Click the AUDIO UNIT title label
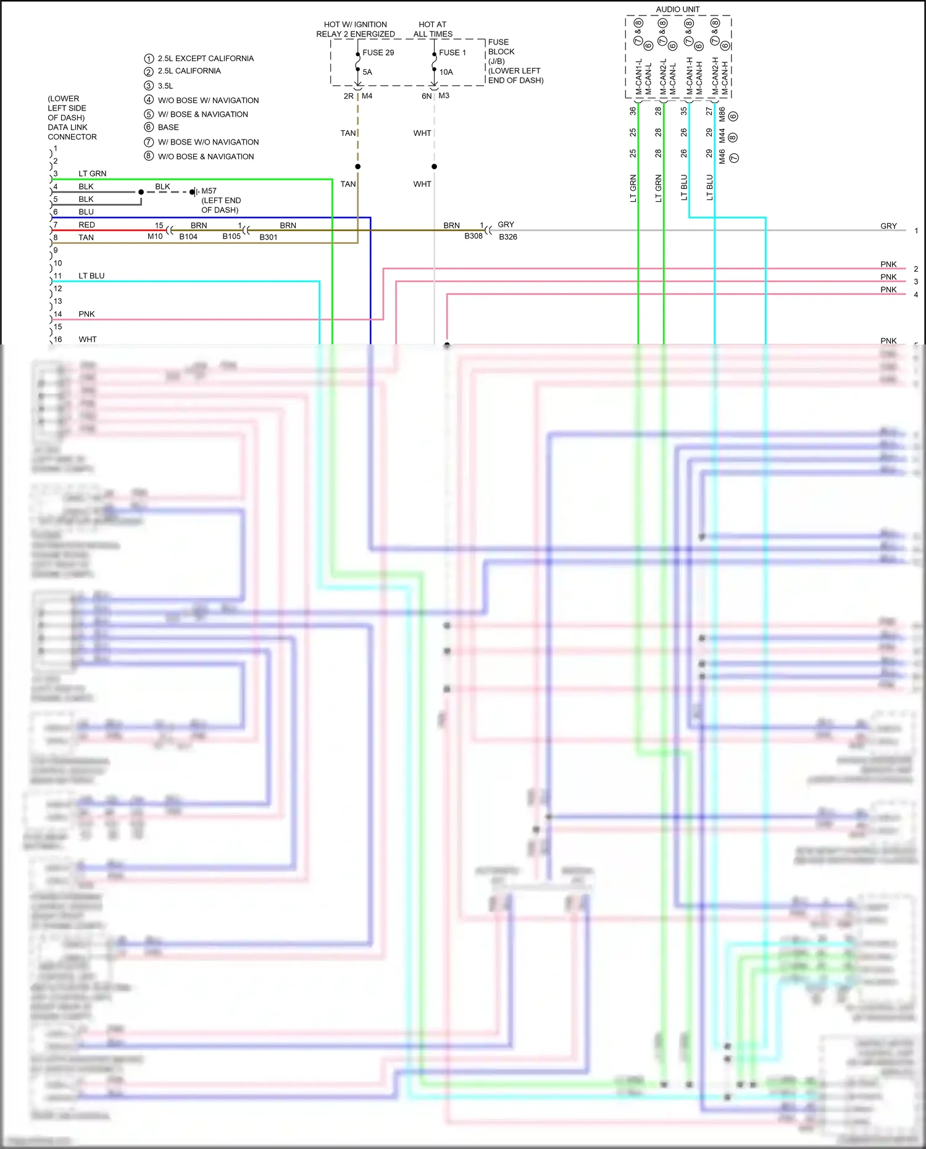click(x=677, y=9)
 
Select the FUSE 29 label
click(x=378, y=52)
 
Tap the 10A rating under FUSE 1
click(x=446, y=72)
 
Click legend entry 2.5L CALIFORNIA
click(x=189, y=71)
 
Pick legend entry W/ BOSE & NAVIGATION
click(x=202, y=114)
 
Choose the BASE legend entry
click(x=168, y=127)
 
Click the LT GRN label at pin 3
click(x=92, y=173)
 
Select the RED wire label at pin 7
click(x=86, y=225)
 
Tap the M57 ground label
click(x=209, y=191)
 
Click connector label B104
click(x=188, y=236)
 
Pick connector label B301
click(x=268, y=237)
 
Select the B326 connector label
click(x=507, y=236)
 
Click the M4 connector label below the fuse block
click(x=367, y=96)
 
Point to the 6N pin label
click(x=427, y=96)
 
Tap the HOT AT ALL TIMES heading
click(x=433, y=29)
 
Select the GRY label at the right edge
click(x=888, y=226)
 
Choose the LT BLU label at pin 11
click(x=91, y=276)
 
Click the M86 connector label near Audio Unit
click(x=722, y=115)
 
